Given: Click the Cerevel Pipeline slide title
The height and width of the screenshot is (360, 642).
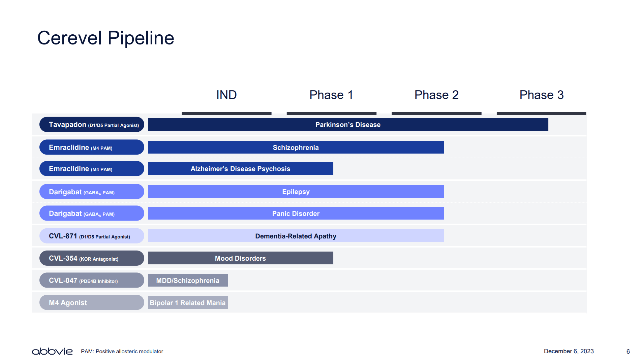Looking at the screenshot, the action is pyautogui.click(x=105, y=38).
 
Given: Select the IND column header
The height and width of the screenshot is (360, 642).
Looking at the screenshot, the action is pyautogui.click(x=226, y=95).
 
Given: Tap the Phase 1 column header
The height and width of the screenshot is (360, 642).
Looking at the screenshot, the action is pyautogui.click(x=331, y=95).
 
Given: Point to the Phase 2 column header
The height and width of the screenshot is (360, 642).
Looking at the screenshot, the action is pyautogui.click(x=436, y=95).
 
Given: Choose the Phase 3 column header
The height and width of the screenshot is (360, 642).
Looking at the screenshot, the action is pyautogui.click(x=542, y=95).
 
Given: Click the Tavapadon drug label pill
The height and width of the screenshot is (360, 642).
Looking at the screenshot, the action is pyautogui.click(x=92, y=125).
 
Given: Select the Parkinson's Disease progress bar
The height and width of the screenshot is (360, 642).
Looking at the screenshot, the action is pyautogui.click(x=348, y=125).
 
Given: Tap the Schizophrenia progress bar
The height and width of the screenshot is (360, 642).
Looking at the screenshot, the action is pyautogui.click(x=296, y=147).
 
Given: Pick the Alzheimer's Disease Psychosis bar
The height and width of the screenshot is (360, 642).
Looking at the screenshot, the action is pyautogui.click(x=241, y=168).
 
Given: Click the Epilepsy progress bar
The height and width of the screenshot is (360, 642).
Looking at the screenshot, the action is pyautogui.click(x=296, y=192).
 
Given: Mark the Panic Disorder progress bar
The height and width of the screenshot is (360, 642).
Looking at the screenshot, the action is pyautogui.click(x=296, y=213).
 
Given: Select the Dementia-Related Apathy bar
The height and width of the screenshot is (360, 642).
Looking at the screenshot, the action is pyautogui.click(x=296, y=236).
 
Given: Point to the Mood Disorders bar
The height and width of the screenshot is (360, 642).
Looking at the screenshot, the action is pyautogui.click(x=241, y=258).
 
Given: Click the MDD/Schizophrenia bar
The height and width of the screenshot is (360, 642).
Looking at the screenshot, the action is pyautogui.click(x=188, y=280).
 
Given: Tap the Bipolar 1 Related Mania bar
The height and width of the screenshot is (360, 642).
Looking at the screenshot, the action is pyautogui.click(x=188, y=302).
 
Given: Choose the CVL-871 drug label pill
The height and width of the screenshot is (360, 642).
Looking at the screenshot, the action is pyautogui.click(x=92, y=236).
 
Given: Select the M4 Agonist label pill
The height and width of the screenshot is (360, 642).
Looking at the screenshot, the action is pyautogui.click(x=92, y=302).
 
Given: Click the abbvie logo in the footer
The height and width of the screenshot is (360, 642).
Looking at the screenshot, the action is pyautogui.click(x=52, y=351).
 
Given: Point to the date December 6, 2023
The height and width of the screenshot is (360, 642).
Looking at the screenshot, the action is pyautogui.click(x=569, y=351).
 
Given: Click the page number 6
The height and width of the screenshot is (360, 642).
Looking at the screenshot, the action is pyautogui.click(x=628, y=352).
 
